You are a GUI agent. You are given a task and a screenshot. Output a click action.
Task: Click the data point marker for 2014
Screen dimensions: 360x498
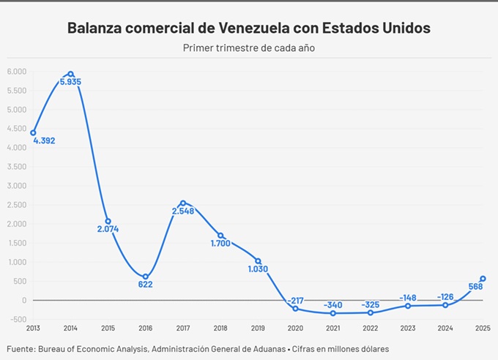click(x=70, y=74)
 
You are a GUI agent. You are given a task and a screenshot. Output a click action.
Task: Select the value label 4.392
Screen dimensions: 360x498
click(x=45, y=140)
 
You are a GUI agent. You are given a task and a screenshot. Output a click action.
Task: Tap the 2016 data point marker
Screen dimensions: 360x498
click(x=145, y=277)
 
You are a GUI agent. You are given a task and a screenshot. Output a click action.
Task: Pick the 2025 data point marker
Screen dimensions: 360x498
click(x=483, y=278)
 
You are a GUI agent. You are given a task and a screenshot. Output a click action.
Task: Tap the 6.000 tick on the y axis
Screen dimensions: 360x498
click(x=17, y=72)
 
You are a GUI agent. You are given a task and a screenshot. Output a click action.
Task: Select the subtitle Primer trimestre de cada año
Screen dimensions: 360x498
click(x=248, y=48)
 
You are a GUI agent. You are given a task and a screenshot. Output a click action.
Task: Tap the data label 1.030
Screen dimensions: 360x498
click(x=257, y=269)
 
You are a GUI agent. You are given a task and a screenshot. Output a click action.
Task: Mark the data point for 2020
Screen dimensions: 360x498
click(x=295, y=309)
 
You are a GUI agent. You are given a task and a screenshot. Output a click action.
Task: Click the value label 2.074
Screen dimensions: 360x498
click(x=108, y=229)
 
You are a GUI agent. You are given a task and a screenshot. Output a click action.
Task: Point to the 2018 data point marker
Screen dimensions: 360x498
click(x=220, y=236)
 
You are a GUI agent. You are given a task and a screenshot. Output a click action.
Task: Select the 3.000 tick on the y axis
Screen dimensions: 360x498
click(x=17, y=186)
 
